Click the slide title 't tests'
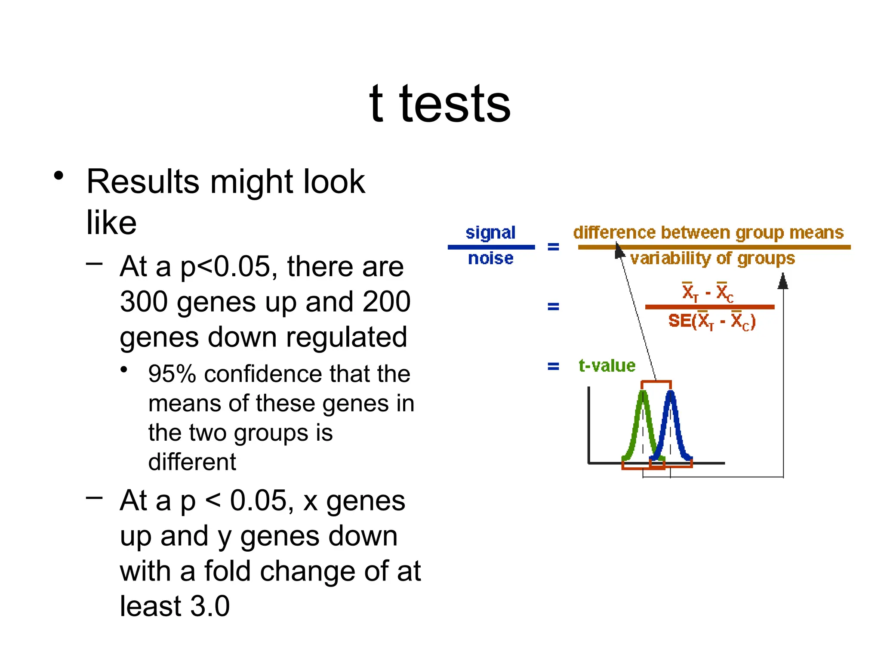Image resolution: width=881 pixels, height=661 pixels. tap(440, 103)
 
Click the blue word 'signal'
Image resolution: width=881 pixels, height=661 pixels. tap(490, 233)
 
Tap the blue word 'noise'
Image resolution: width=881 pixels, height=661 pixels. tap(490, 258)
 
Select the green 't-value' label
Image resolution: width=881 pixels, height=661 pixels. tap(607, 366)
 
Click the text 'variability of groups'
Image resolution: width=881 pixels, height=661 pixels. tap(712, 258)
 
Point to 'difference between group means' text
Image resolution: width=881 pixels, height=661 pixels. tap(708, 232)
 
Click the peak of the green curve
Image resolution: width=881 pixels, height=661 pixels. tap(643, 393)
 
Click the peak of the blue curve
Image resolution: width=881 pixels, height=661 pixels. tap(670, 393)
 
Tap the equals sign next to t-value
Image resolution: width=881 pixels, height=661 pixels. tap(553, 366)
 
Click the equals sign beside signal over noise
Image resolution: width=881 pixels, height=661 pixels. tap(553, 247)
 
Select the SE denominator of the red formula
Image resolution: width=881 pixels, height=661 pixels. tap(712, 321)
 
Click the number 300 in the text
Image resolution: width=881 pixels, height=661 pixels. tap(144, 302)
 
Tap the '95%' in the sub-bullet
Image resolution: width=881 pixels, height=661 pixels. tap(172, 374)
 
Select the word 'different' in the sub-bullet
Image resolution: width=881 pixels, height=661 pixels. tap(192, 462)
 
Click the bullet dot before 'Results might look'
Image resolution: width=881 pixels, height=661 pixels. tap(59, 176)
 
